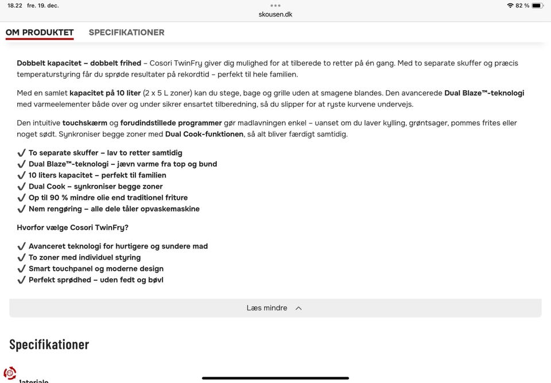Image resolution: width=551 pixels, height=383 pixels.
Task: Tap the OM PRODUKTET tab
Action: [x=40, y=32]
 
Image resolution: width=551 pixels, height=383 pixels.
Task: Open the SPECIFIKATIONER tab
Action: [x=126, y=32]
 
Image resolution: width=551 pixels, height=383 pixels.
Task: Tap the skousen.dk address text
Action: [x=275, y=14]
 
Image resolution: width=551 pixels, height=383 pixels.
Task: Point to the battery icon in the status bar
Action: [x=537, y=6]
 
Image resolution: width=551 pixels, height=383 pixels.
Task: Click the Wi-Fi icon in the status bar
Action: [x=510, y=6]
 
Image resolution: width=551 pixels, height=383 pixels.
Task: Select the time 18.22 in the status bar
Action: [x=15, y=6]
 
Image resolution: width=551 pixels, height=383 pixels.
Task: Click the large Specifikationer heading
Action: [x=49, y=345]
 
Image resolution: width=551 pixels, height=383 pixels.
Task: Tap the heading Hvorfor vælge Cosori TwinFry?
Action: [x=72, y=227]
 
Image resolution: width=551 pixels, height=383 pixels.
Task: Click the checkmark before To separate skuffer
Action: [x=22, y=153]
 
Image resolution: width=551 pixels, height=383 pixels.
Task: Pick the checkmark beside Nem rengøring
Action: [x=22, y=209]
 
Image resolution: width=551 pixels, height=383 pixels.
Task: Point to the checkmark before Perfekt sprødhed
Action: [x=22, y=280]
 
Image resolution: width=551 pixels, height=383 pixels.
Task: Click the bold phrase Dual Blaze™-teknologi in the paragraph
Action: [x=484, y=93]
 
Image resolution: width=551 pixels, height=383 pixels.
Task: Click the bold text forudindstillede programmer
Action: [x=171, y=123]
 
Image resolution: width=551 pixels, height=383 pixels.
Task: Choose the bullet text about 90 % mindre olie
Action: [x=108, y=198]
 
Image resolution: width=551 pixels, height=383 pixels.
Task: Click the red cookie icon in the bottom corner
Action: [x=10, y=373]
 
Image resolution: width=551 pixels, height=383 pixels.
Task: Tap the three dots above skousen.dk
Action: [x=275, y=5]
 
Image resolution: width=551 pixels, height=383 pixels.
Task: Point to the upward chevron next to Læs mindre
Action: [x=298, y=308]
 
